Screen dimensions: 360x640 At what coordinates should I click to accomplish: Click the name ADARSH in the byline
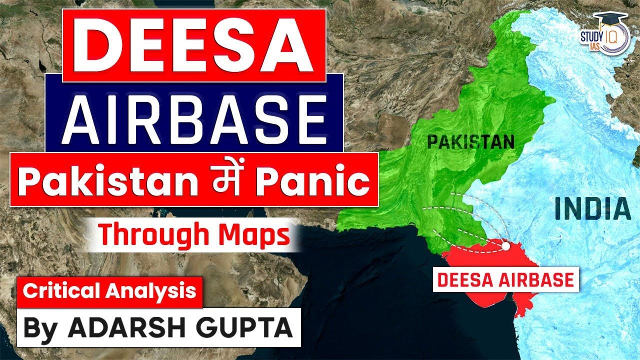124,327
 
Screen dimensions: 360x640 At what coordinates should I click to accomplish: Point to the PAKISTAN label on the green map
470,143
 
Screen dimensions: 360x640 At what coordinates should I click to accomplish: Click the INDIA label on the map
593,209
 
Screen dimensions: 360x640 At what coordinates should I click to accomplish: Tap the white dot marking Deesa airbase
506,246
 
